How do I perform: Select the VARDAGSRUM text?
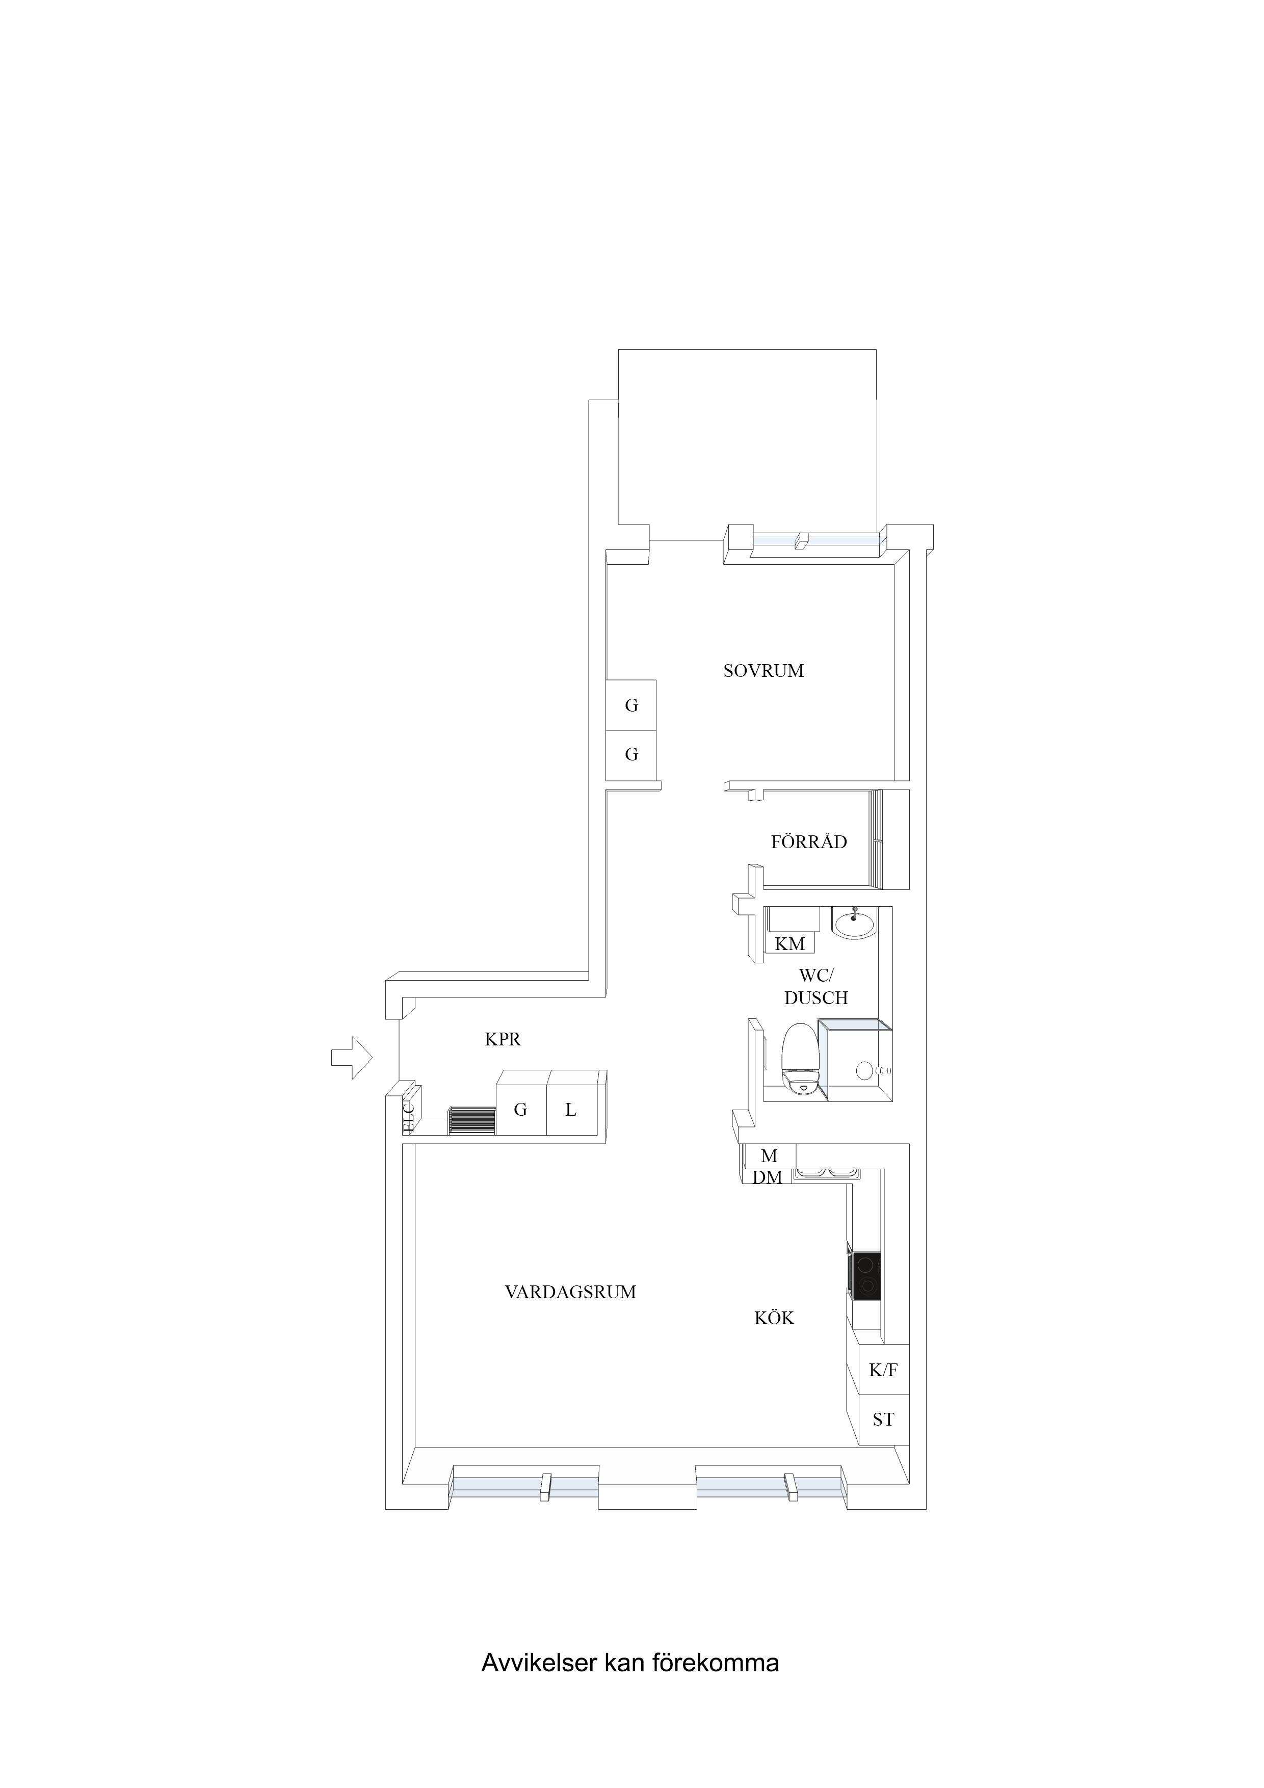click(570, 1293)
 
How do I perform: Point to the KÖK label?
click(774, 1319)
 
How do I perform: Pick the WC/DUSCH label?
click(815, 987)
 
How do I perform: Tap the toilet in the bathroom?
click(799, 1060)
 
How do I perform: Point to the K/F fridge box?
click(883, 1370)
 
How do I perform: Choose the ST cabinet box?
click(883, 1419)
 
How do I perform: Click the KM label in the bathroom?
click(789, 944)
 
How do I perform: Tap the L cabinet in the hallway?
click(571, 1109)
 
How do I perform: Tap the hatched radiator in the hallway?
click(472, 1121)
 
